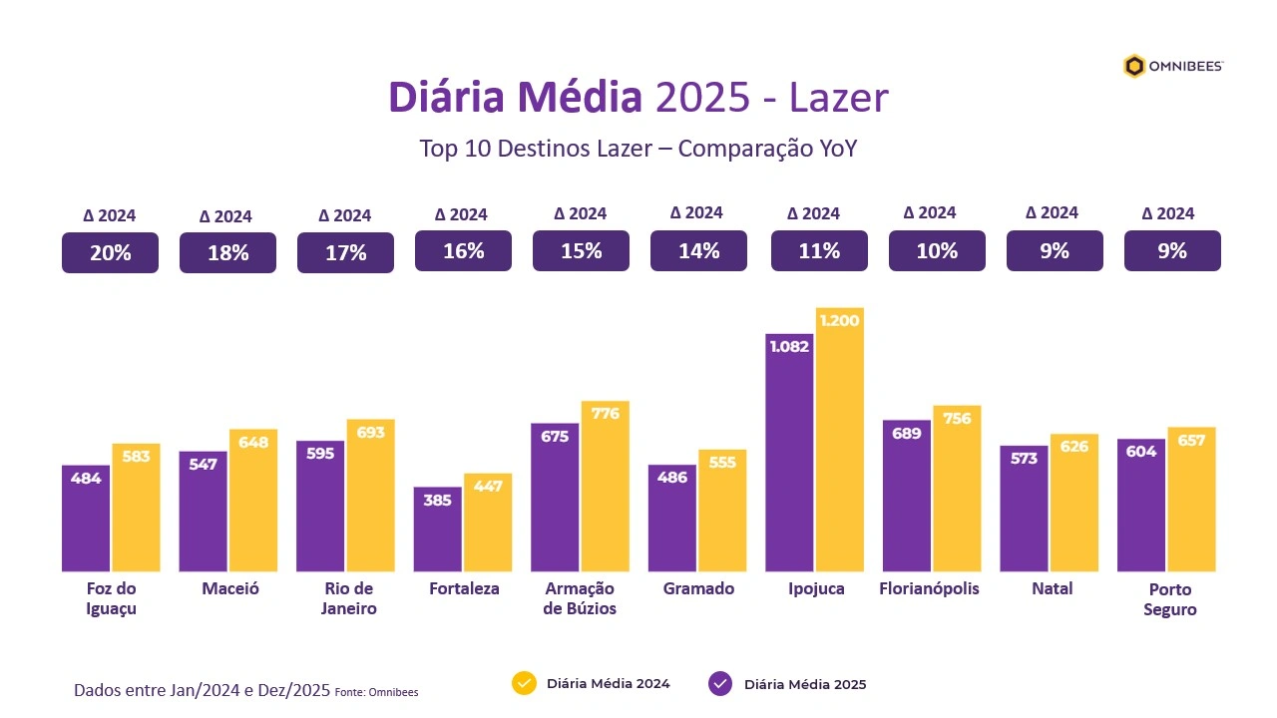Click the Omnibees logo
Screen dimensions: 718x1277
[1173, 67]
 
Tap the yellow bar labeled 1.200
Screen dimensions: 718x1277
[840, 440]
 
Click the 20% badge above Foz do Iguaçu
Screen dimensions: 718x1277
[110, 252]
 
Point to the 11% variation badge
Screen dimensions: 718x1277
[819, 251]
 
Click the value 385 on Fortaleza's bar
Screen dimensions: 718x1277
[438, 500]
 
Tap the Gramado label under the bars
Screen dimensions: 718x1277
[698, 588]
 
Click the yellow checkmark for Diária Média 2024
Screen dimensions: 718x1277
[524, 683]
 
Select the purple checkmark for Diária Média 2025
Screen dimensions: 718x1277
[720, 683]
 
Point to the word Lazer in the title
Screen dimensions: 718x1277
[838, 98]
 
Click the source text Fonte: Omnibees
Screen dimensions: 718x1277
[377, 692]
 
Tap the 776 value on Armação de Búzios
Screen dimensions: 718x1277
[606, 413]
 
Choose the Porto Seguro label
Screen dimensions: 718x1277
[1170, 598]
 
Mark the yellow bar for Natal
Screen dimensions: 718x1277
[1074, 503]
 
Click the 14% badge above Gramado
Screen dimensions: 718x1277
[698, 251]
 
